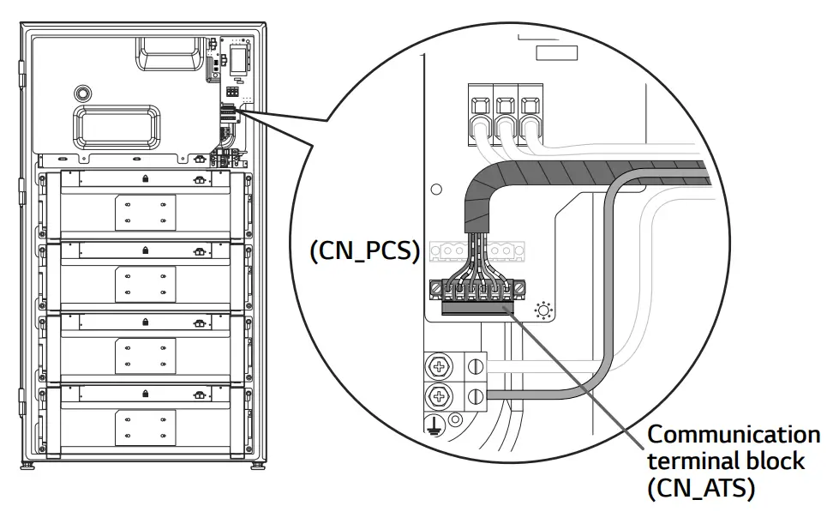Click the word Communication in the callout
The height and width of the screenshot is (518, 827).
coord(733,434)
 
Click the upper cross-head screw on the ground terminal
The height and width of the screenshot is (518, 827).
coord(440,368)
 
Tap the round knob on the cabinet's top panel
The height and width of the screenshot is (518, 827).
coord(82,91)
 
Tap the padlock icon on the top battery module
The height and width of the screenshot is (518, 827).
coord(145,178)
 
